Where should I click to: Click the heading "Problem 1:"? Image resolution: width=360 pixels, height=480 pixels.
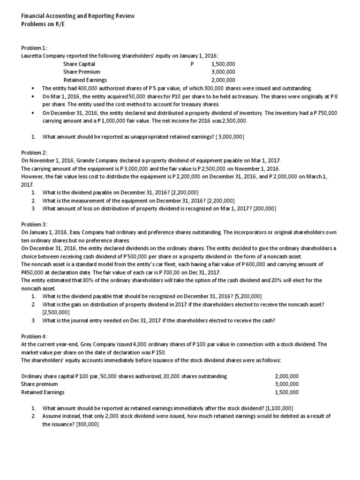point(34,48)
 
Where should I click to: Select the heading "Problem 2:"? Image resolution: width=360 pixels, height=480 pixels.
point(34,152)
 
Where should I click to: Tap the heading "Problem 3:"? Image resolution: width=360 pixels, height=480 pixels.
point(34,225)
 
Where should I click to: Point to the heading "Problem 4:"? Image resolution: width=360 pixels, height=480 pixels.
point(34,337)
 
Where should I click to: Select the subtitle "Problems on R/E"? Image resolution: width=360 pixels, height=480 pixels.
point(43,24)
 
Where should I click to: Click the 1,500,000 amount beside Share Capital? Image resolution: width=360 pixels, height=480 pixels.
point(223,64)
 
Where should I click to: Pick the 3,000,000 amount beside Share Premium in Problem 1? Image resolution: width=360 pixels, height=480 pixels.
point(223,72)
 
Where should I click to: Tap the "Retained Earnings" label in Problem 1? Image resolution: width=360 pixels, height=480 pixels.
point(85,80)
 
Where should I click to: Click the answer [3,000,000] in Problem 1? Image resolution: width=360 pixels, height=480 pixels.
point(227,136)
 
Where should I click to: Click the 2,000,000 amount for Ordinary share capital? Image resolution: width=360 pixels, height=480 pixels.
point(286,376)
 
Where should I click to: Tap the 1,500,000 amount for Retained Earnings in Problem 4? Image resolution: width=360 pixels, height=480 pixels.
point(286,392)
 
